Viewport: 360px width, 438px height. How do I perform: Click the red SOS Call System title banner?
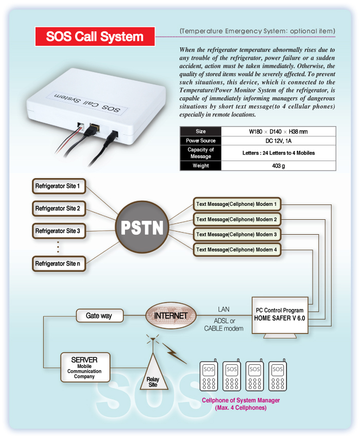[95, 37]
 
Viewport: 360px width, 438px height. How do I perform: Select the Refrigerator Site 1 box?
[58, 185]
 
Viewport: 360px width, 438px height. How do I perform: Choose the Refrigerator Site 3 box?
[58, 231]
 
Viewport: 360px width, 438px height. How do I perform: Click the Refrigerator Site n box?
[58, 264]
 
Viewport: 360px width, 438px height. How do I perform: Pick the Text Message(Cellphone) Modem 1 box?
[237, 204]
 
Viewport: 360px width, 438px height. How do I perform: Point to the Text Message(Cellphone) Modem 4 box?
[237, 250]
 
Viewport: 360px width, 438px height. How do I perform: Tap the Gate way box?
[99, 316]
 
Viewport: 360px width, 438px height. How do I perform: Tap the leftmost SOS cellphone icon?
[209, 377]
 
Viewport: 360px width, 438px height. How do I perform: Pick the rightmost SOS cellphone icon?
[277, 377]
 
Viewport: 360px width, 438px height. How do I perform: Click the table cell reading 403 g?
[278, 166]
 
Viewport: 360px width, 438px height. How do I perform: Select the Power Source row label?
[200, 141]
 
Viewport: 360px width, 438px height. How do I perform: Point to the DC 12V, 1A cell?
[278, 141]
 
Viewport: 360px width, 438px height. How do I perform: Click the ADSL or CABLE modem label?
[224, 325]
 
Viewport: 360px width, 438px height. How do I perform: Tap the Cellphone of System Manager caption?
[241, 404]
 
